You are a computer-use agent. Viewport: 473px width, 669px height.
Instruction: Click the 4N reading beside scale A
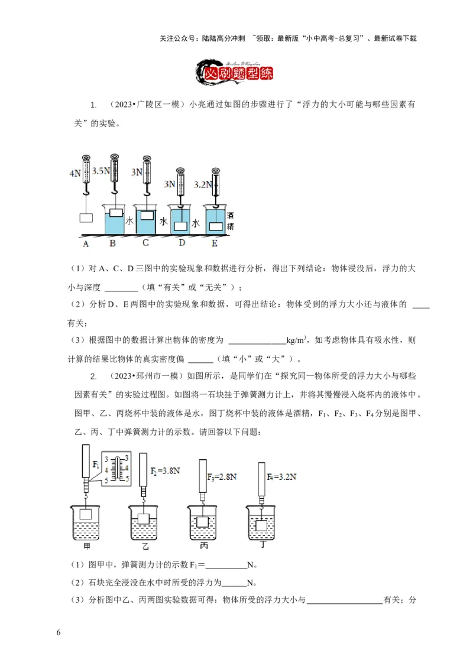point(74,174)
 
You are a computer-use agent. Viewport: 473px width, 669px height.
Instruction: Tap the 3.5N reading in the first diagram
point(101,171)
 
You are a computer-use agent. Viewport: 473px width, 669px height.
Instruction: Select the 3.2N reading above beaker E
point(201,184)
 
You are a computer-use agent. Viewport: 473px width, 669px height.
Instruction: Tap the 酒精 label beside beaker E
point(231,222)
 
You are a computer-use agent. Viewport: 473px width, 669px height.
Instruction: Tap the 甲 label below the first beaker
point(87,547)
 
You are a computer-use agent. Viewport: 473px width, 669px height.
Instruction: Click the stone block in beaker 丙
point(203,521)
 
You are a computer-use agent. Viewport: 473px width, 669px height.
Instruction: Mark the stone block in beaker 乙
point(144,518)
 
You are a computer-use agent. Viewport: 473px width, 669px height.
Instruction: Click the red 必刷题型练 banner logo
point(236,72)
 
